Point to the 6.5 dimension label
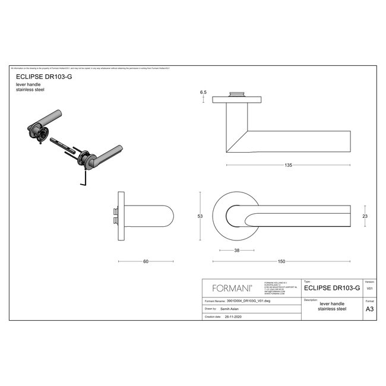pos(203,93)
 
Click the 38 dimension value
pos(238,251)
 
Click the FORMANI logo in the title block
pos(232,287)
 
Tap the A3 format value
pos(369,309)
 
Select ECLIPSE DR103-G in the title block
pos(332,287)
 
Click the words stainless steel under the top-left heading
pos(30,90)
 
